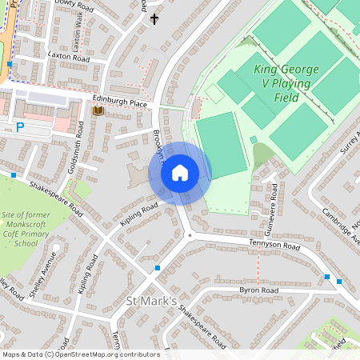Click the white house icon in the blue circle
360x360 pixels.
[x=180, y=172]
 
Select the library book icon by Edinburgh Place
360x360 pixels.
[x=98, y=111]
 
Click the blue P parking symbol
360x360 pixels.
[x=20, y=126]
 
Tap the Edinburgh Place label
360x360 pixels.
[x=120, y=103]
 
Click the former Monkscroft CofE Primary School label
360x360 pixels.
[x=31, y=230]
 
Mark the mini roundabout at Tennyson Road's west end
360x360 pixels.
[x=190, y=235]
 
